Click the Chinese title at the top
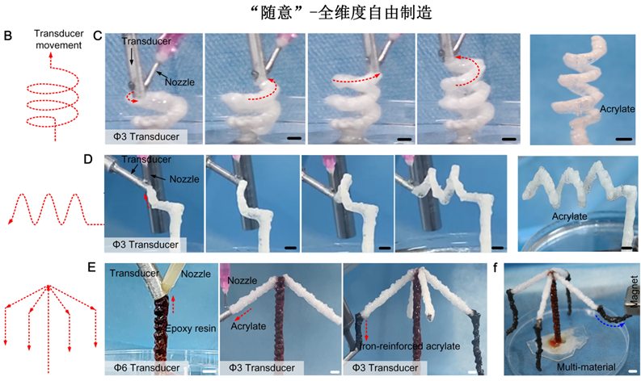click(x=343, y=13)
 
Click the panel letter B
click(x=8, y=36)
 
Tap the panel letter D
click(x=88, y=159)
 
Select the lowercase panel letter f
click(x=496, y=268)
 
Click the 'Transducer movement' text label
click(x=59, y=40)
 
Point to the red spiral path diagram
click(x=53, y=98)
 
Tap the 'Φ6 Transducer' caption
click(x=146, y=368)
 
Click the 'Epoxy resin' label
click(x=191, y=329)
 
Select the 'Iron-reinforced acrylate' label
click(x=409, y=346)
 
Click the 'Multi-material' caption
click(x=586, y=366)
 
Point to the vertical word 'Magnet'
click(x=634, y=291)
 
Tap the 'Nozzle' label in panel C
click(x=179, y=82)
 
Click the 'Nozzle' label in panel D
click(x=184, y=179)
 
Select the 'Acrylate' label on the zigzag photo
click(x=569, y=216)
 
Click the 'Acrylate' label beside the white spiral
click(x=618, y=109)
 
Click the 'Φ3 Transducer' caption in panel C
click(x=146, y=136)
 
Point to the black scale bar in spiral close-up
click(x=623, y=139)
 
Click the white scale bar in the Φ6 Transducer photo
click(x=209, y=371)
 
